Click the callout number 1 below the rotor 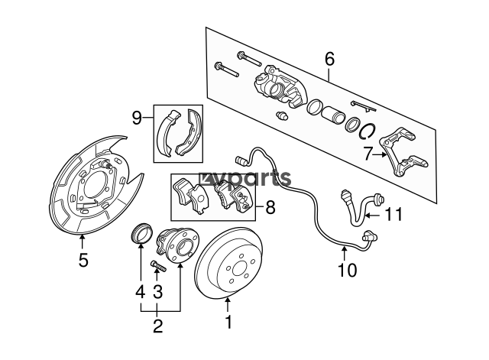pos(228,322)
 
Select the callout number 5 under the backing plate pos(83,260)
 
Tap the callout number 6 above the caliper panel pos(329,59)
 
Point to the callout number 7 pos(368,154)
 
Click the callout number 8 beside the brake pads pos(270,207)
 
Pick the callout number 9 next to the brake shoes pos(137,118)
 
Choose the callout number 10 pos(348,270)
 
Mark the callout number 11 pos(393,215)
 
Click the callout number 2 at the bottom pos(158,326)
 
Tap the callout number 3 pos(158,292)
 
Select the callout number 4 pos(141,292)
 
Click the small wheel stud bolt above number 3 pos(158,266)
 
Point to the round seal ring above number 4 pos(141,233)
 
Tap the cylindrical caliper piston pos(333,115)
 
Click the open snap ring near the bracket pos(368,131)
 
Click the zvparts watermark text pos(245,179)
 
